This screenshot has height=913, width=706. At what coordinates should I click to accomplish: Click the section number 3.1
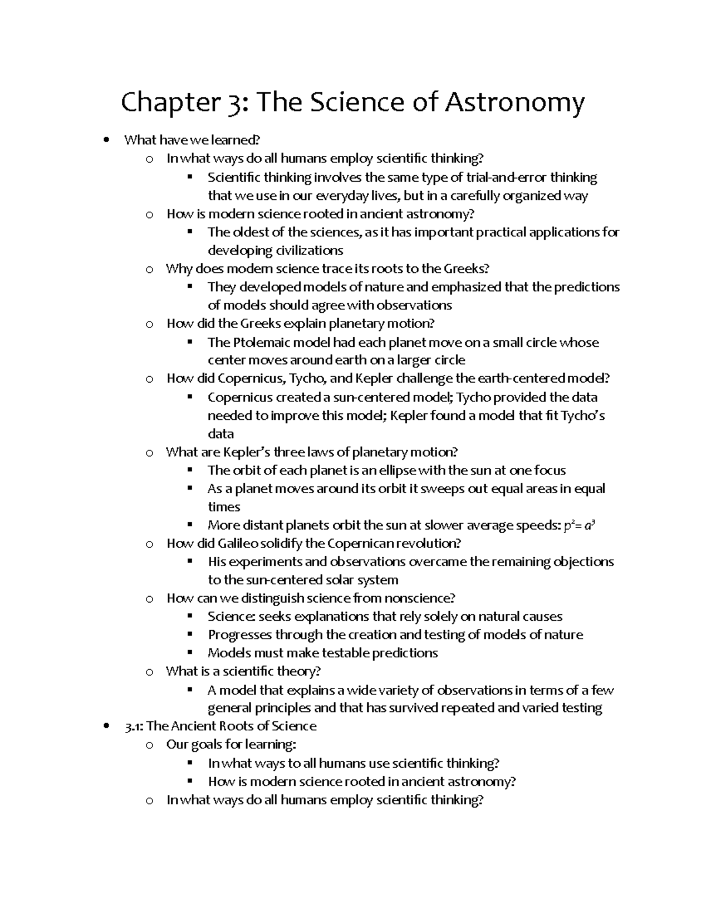coord(134,726)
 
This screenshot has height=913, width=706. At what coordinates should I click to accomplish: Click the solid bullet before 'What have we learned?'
coord(106,141)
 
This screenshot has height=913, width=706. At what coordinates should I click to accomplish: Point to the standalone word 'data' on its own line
coord(221,434)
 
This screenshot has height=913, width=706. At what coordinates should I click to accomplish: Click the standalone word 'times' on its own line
coord(224,507)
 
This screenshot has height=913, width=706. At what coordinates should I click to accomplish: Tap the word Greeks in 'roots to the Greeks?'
coord(466,269)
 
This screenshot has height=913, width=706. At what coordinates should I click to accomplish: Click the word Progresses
coord(240,635)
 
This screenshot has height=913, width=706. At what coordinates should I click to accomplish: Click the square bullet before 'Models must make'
coord(189,652)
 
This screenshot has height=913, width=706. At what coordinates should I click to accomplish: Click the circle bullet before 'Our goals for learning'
coord(150,745)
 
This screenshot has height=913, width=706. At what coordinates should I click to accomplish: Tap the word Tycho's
coord(582,416)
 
